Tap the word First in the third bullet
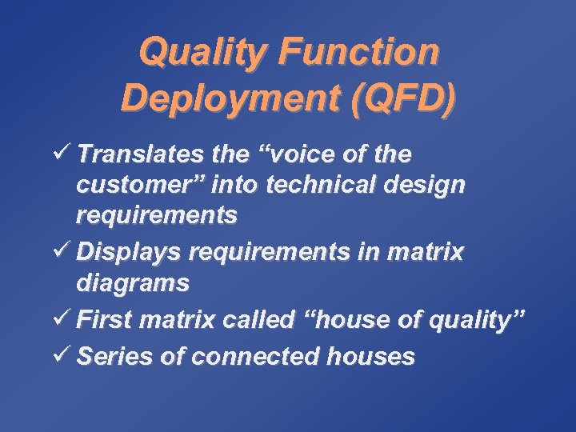pos(104,321)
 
